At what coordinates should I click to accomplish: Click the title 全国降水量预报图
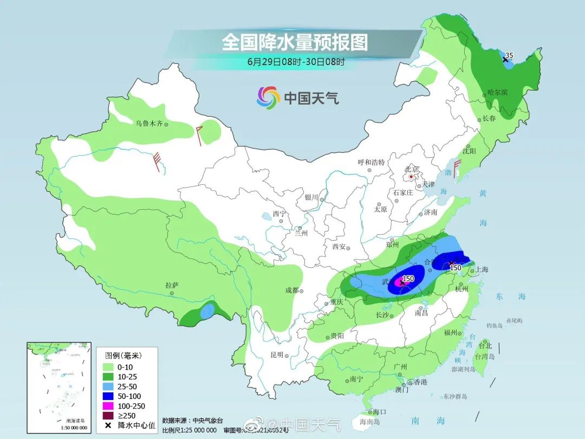click(294, 42)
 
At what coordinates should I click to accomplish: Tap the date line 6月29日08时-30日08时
click(296, 61)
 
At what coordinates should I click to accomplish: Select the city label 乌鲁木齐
click(149, 124)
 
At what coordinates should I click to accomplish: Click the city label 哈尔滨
click(497, 93)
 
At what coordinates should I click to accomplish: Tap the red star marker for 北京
click(412, 177)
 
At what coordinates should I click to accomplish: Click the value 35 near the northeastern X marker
click(509, 55)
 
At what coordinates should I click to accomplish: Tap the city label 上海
click(482, 269)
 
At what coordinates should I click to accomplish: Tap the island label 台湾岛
click(484, 357)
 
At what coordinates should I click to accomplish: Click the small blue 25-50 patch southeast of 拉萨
click(206, 311)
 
